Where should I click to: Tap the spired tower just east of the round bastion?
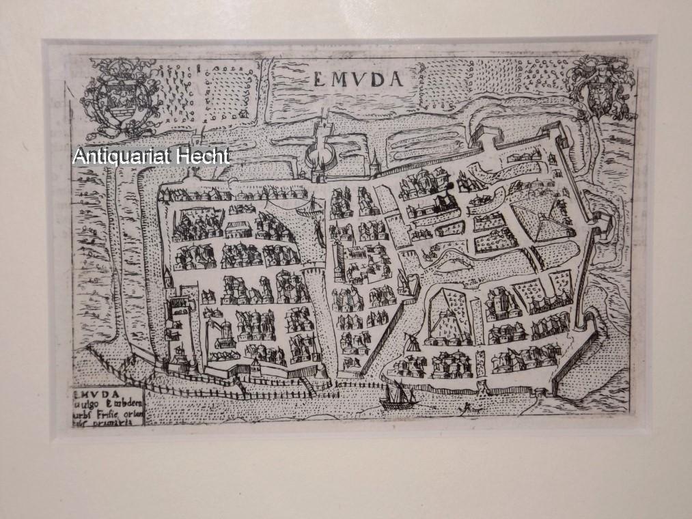tap(374, 163)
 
